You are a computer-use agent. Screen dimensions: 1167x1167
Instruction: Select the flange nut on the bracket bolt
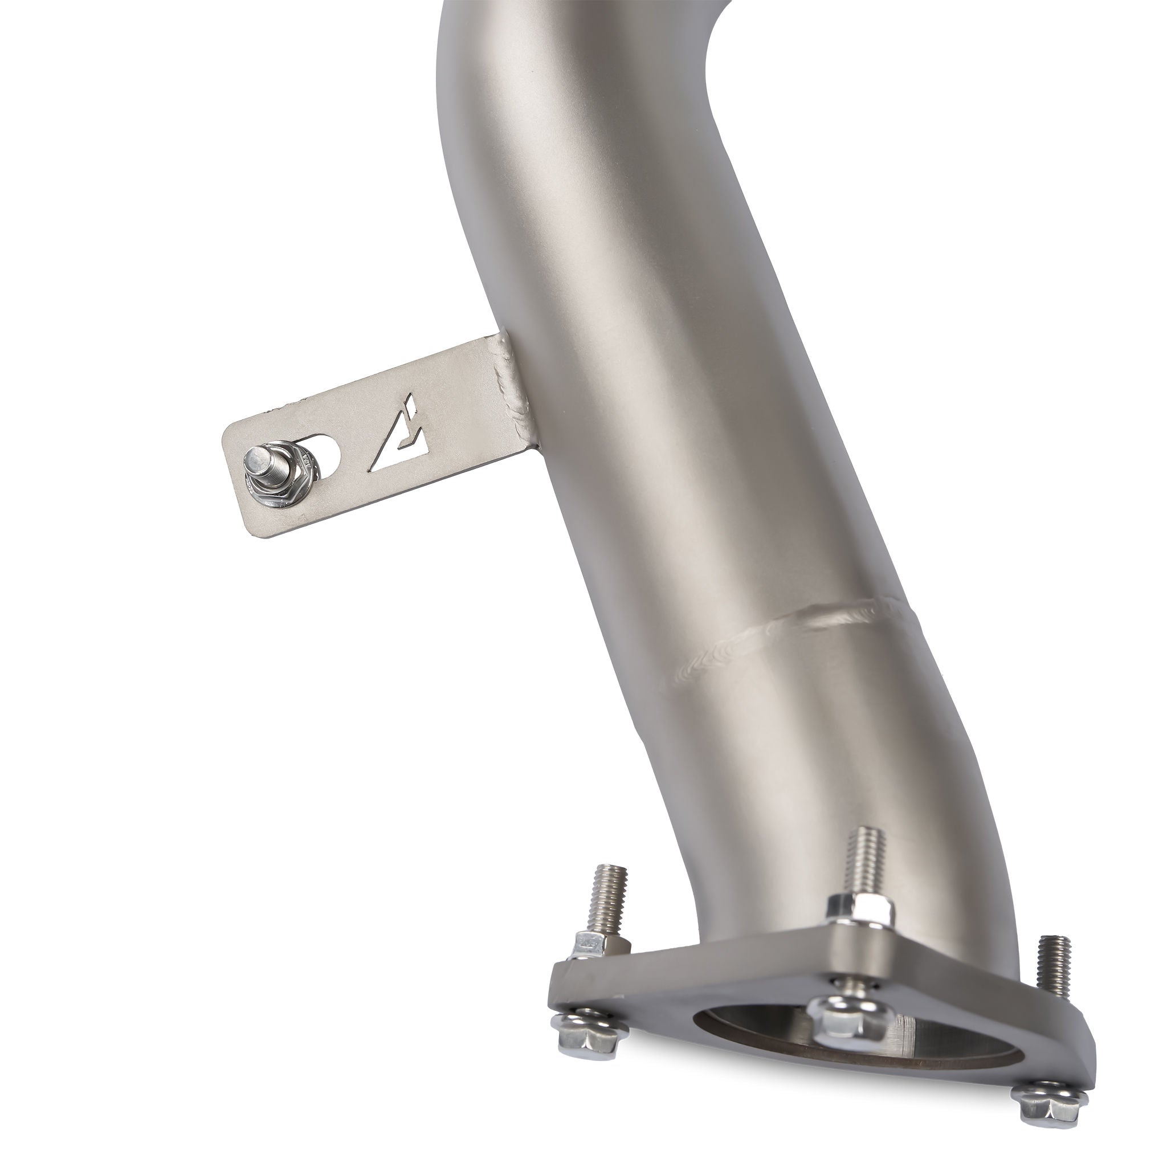[283, 481]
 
